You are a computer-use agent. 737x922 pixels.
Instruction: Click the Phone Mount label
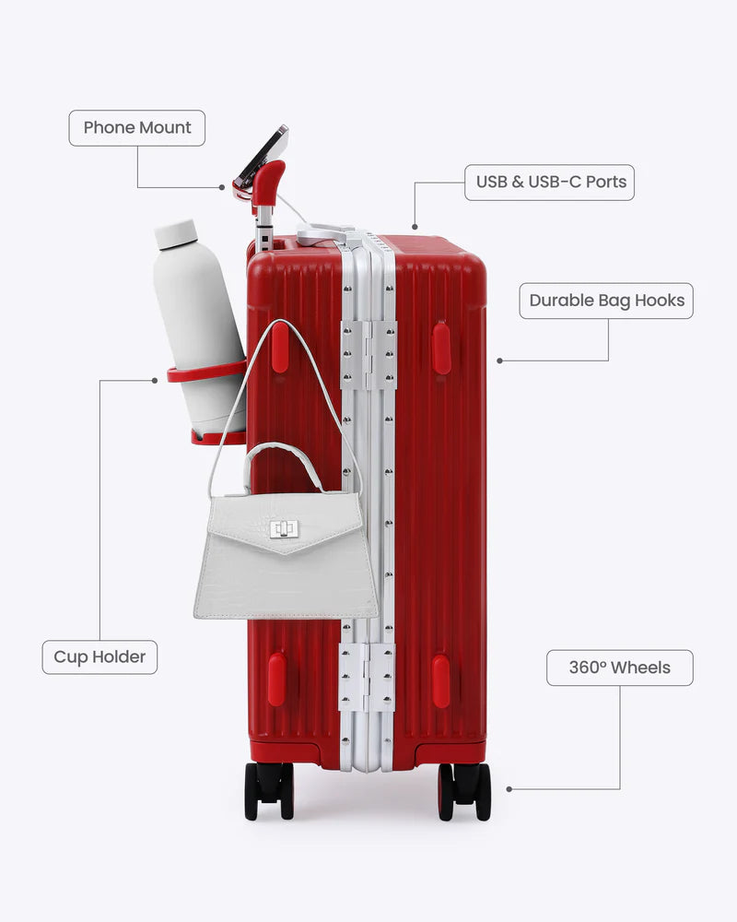[x=137, y=127]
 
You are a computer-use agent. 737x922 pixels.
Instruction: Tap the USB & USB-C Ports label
[x=549, y=183]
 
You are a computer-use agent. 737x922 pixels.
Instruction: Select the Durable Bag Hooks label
[x=606, y=301]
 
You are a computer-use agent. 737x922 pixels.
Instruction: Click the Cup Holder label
[x=99, y=656]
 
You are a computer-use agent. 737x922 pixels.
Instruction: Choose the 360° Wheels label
[x=619, y=668]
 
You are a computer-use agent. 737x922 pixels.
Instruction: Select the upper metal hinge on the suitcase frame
[x=368, y=355]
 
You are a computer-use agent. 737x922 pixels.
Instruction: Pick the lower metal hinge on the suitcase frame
[x=368, y=678]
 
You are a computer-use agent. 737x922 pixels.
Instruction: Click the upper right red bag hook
[x=441, y=349]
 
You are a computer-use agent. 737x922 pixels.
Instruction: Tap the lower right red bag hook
[x=440, y=680]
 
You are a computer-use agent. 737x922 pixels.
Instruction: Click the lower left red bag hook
[x=276, y=680]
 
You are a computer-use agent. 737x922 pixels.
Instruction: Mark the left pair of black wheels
[x=269, y=790]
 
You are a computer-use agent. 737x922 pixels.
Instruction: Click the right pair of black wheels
[x=464, y=791]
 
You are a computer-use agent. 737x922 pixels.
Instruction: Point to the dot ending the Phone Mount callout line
[x=222, y=187]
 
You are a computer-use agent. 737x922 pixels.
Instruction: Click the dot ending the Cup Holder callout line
[x=155, y=381]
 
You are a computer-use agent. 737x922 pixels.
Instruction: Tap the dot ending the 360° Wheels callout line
[x=509, y=789]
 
